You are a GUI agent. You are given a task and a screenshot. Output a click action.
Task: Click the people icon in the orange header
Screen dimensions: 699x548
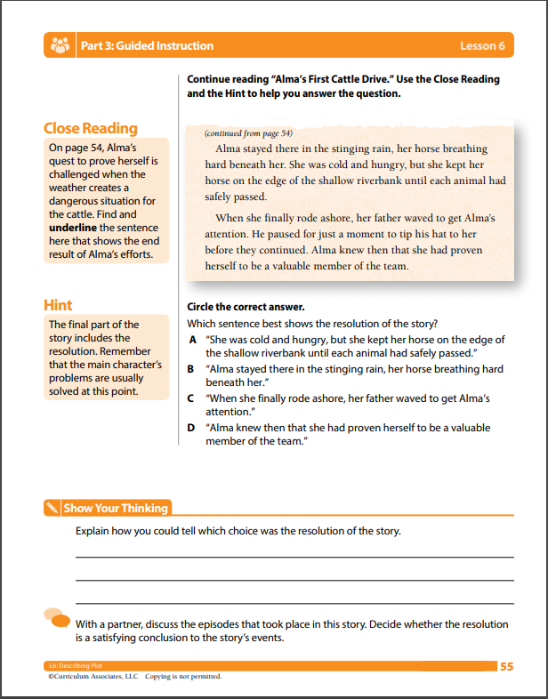61,45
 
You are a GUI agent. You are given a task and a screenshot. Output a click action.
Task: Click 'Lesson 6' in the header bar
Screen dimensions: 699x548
482,45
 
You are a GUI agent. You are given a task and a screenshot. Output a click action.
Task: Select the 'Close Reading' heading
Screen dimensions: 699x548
91,128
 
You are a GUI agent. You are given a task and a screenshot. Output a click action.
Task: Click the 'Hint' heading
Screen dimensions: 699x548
58,305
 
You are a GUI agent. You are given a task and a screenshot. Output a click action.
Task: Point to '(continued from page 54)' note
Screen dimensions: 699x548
248,133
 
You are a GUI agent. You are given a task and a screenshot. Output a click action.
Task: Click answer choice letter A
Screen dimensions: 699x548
191,340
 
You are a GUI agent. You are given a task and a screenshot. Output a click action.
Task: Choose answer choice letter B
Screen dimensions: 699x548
191,368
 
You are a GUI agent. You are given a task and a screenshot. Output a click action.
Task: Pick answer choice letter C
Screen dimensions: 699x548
191,398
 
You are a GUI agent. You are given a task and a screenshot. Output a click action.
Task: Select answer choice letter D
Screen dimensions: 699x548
191,427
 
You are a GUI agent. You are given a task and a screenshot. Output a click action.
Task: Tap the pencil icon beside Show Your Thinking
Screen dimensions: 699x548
52,509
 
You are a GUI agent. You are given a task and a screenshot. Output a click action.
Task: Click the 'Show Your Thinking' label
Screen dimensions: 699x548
116,509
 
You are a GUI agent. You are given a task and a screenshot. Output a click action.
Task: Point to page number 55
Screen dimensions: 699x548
506,666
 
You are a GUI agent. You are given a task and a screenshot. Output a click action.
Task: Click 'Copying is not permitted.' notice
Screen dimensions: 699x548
183,677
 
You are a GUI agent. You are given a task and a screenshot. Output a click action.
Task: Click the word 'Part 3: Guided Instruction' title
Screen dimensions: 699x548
147,45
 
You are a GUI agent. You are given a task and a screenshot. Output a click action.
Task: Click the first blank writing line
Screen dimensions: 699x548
294,556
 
